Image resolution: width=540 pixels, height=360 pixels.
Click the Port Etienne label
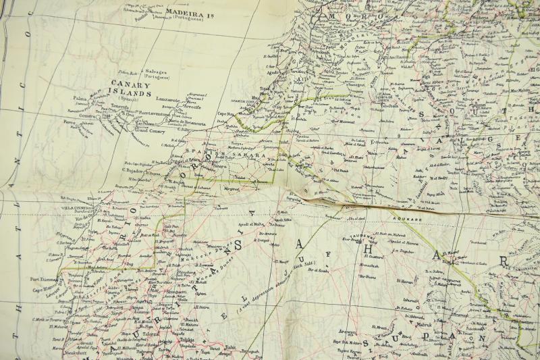[x=45, y=279]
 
